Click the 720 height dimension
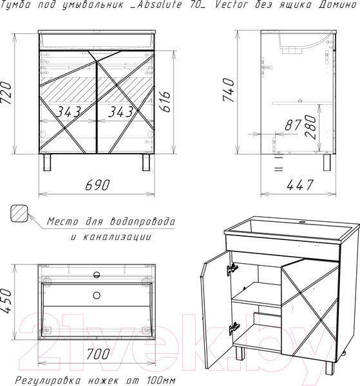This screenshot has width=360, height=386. pos(6,93)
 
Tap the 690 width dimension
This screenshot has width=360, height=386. pos(97,185)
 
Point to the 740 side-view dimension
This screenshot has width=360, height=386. pos(228,90)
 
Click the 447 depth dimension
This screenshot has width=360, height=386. pos(300,185)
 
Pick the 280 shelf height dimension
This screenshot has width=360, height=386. pos(310,127)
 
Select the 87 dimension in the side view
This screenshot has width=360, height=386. pos(293,125)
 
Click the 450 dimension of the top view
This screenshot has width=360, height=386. pos(6,301)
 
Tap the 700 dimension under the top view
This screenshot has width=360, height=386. pos(98,354)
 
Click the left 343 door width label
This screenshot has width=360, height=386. pos(68,112)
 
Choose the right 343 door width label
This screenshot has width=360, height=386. pos(120,112)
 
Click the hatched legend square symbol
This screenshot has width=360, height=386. pos(19,214)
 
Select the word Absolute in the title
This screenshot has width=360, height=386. pos(159,5)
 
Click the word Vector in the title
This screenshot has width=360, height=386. pos(232,5)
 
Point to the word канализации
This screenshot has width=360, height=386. pos(117,237)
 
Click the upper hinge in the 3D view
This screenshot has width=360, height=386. pos(232,269)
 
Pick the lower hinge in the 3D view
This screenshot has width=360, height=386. pos(234,329)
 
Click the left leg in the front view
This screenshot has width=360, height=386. pos(47,163)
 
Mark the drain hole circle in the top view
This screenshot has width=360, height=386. pos(97,295)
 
